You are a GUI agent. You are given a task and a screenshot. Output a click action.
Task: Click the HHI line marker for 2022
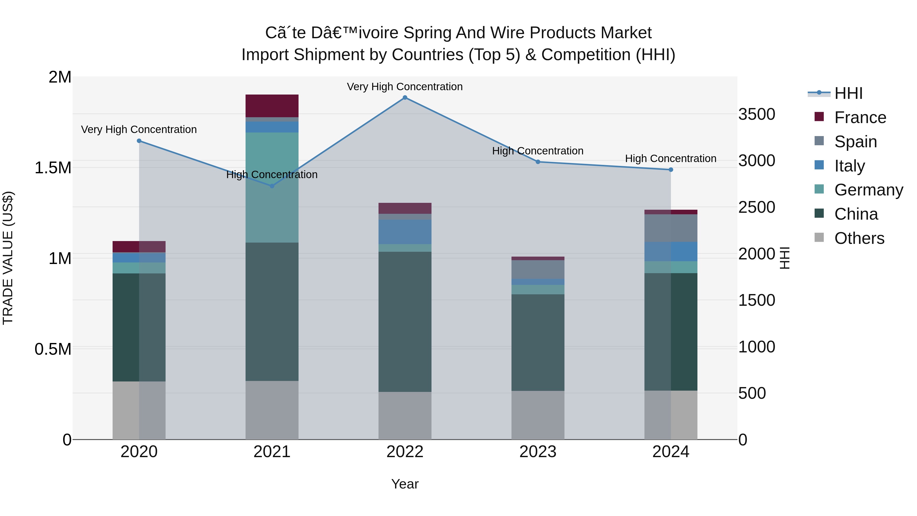point(405,98)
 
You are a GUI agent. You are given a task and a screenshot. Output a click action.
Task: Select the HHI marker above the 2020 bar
point(139,141)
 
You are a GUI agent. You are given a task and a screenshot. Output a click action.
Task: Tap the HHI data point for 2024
point(671,169)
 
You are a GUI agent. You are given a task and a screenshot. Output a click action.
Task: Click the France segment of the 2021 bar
point(272,106)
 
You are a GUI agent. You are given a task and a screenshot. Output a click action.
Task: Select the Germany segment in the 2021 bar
point(272,187)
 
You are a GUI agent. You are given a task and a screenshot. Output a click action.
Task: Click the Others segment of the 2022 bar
point(405,415)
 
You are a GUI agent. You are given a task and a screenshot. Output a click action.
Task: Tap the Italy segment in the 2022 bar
point(405,232)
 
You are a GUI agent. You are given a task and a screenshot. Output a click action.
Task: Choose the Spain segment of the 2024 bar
point(671,228)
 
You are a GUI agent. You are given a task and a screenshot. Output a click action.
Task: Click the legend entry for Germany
point(869,190)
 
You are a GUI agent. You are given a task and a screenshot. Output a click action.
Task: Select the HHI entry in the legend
point(848,93)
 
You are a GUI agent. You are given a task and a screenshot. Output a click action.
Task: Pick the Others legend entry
point(859,238)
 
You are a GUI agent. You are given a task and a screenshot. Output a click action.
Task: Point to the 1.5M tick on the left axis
point(53,168)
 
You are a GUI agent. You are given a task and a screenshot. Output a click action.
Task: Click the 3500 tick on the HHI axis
point(757,114)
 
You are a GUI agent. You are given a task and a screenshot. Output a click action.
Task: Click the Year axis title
point(405,484)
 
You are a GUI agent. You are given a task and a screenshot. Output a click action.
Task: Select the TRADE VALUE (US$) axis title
point(8,258)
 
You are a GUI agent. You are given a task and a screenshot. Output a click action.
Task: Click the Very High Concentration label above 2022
point(405,87)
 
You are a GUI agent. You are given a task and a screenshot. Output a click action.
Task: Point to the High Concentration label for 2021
point(272,175)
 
